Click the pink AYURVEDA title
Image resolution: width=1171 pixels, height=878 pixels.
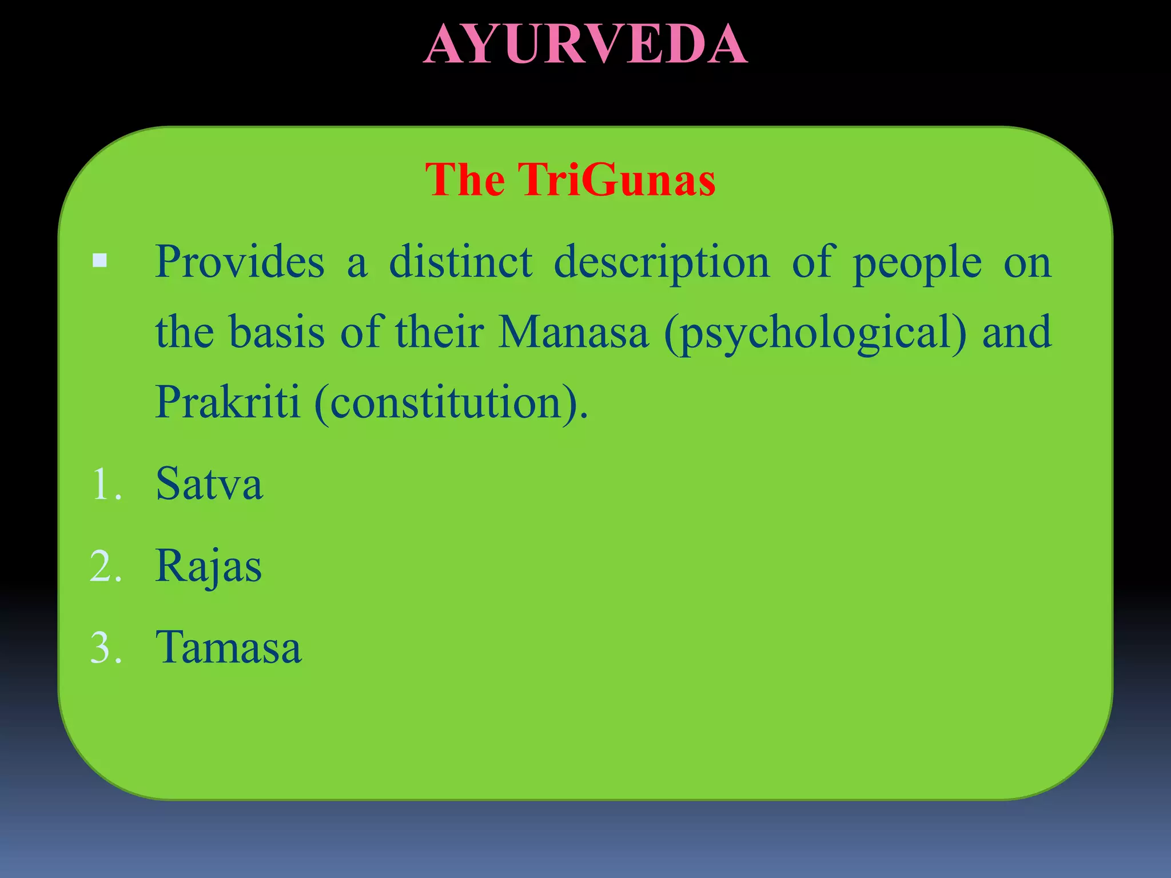[x=585, y=45]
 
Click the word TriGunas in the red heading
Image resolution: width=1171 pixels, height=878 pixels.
[x=617, y=180]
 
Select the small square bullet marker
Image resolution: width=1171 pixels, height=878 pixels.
[x=99, y=261]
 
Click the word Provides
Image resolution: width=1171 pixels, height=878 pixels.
[x=240, y=262]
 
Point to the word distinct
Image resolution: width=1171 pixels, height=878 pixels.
[x=461, y=262]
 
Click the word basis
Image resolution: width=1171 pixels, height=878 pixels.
[x=277, y=332]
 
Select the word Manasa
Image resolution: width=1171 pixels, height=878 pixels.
[x=573, y=332]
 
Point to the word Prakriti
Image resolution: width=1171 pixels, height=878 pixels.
[x=228, y=402]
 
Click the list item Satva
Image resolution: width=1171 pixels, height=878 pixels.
[x=209, y=484]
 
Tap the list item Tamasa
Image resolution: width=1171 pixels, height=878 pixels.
[x=228, y=648]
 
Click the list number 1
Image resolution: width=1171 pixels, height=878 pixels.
[x=106, y=485]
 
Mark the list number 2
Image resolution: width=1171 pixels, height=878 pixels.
[x=106, y=567]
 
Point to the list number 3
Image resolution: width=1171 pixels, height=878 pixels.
[x=106, y=649]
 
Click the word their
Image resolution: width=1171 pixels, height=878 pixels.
[x=439, y=332]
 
